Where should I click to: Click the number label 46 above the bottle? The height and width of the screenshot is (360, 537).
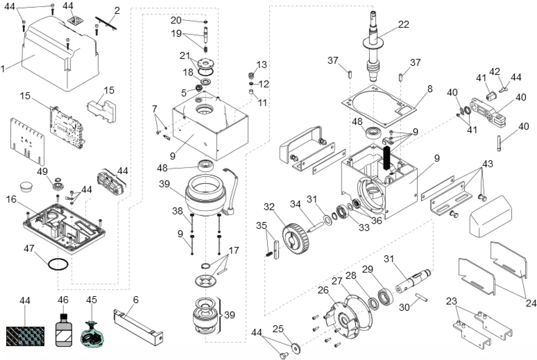(x=63, y=300)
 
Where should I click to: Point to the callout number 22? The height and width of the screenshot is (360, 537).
(x=403, y=25)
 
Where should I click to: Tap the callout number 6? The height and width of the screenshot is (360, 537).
(x=136, y=300)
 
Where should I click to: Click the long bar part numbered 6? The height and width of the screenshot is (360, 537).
(x=139, y=322)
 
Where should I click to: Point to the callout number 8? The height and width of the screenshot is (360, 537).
(x=430, y=89)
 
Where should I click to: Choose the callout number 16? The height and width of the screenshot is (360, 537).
(x=11, y=199)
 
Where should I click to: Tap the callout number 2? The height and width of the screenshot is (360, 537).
(x=117, y=11)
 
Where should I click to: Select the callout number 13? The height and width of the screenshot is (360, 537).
(x=262, y=65)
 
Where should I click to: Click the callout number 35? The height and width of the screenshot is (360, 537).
(x=262, y=226)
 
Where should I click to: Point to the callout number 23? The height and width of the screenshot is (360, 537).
(x=451, y=302)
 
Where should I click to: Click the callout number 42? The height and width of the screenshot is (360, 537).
(x=495, y=72)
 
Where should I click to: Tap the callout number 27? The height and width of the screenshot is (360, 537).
(x=337, y=281)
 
